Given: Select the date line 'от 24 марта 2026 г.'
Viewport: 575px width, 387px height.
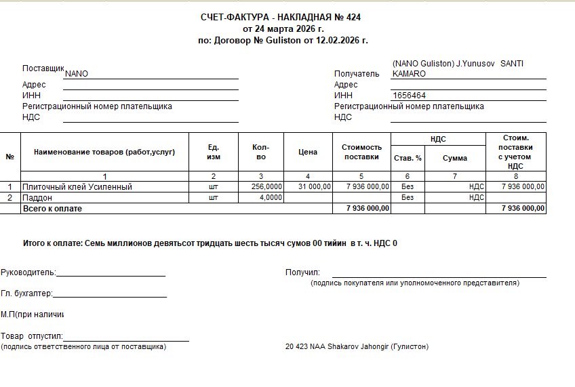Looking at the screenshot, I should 283,28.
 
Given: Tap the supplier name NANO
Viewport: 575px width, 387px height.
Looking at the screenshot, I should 77,74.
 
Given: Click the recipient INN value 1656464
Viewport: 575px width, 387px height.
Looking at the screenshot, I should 410,96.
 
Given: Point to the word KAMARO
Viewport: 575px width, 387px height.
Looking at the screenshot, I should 410,73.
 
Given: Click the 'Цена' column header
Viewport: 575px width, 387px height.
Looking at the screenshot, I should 308,152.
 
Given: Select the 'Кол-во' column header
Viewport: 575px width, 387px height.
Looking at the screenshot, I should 260,152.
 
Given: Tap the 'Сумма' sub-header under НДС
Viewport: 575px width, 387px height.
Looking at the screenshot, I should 455,158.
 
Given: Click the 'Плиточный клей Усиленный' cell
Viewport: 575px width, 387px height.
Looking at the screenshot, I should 77,186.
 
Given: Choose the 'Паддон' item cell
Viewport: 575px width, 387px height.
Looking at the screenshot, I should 37,197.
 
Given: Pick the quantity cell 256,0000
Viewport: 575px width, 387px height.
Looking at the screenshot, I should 266,186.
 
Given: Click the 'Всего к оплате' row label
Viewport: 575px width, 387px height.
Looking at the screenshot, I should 52,209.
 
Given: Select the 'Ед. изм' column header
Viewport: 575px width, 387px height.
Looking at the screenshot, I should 214,152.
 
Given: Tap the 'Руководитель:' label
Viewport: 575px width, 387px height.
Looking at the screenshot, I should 28,272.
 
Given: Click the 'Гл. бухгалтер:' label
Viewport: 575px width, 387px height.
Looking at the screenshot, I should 26,293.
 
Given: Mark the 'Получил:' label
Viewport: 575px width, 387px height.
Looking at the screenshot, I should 302,272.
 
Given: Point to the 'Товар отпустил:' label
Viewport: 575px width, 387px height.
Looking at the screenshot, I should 32,336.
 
